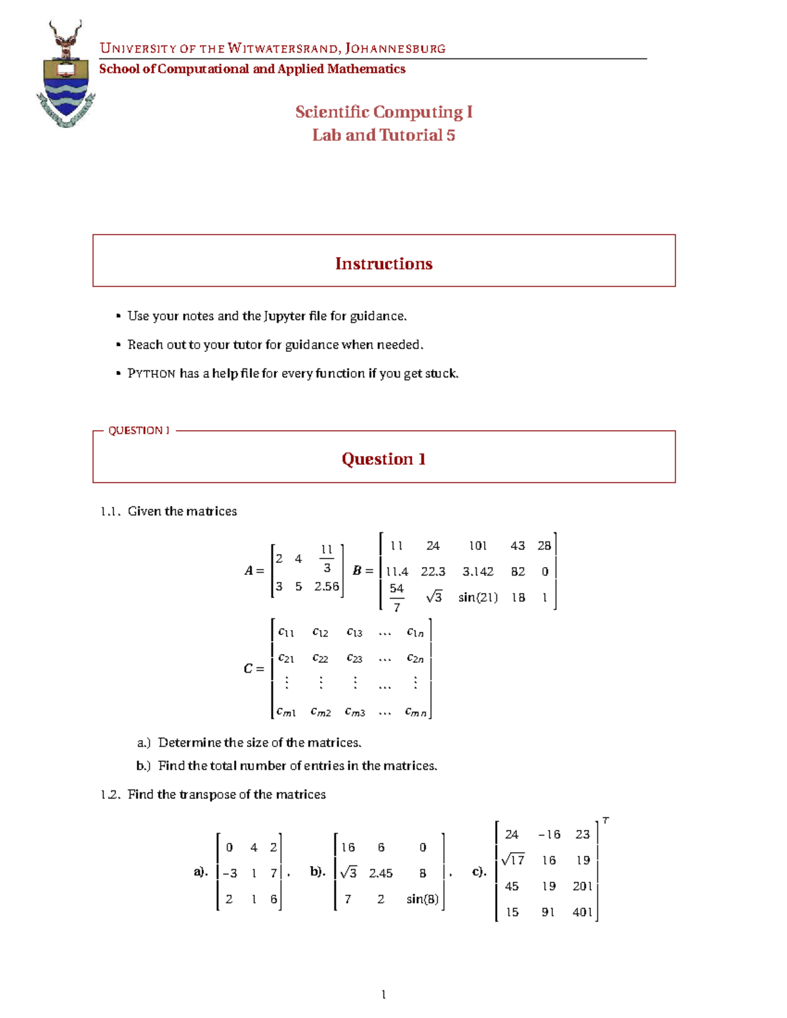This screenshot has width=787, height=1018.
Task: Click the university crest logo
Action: (x=66, y=74)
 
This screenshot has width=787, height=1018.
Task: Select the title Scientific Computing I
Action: (x=384, y=112)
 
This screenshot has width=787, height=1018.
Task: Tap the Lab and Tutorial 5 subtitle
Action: (x=384, y=135)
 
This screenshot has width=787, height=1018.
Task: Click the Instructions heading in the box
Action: (x=384, y=264)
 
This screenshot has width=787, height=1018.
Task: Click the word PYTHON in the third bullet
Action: (x=151, y=374)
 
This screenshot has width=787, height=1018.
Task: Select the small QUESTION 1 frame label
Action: (x=138, y=431)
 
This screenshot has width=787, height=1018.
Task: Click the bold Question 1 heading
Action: (x=384, y=459)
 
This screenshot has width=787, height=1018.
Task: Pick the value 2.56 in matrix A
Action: (x=326, y=587)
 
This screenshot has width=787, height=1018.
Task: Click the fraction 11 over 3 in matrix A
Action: (x=327, y=558)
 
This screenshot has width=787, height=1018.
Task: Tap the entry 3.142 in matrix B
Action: (x=477, y=572)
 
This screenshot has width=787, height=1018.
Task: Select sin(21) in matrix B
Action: (x=477, y=598)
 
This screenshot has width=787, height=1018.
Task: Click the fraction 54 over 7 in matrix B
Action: (x=397, y=598)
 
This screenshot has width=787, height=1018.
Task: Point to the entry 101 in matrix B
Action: (x=477, y=546)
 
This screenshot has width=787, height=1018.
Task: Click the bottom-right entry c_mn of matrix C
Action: (x=416, y=712)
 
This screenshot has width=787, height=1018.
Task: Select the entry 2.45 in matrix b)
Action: (x=380, y=873)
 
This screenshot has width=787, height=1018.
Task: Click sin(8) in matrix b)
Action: (x=422, y=899)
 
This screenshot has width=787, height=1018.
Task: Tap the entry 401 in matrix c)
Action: (x=582, y=912)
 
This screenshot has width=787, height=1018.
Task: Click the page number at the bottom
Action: (x=384, y=994)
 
